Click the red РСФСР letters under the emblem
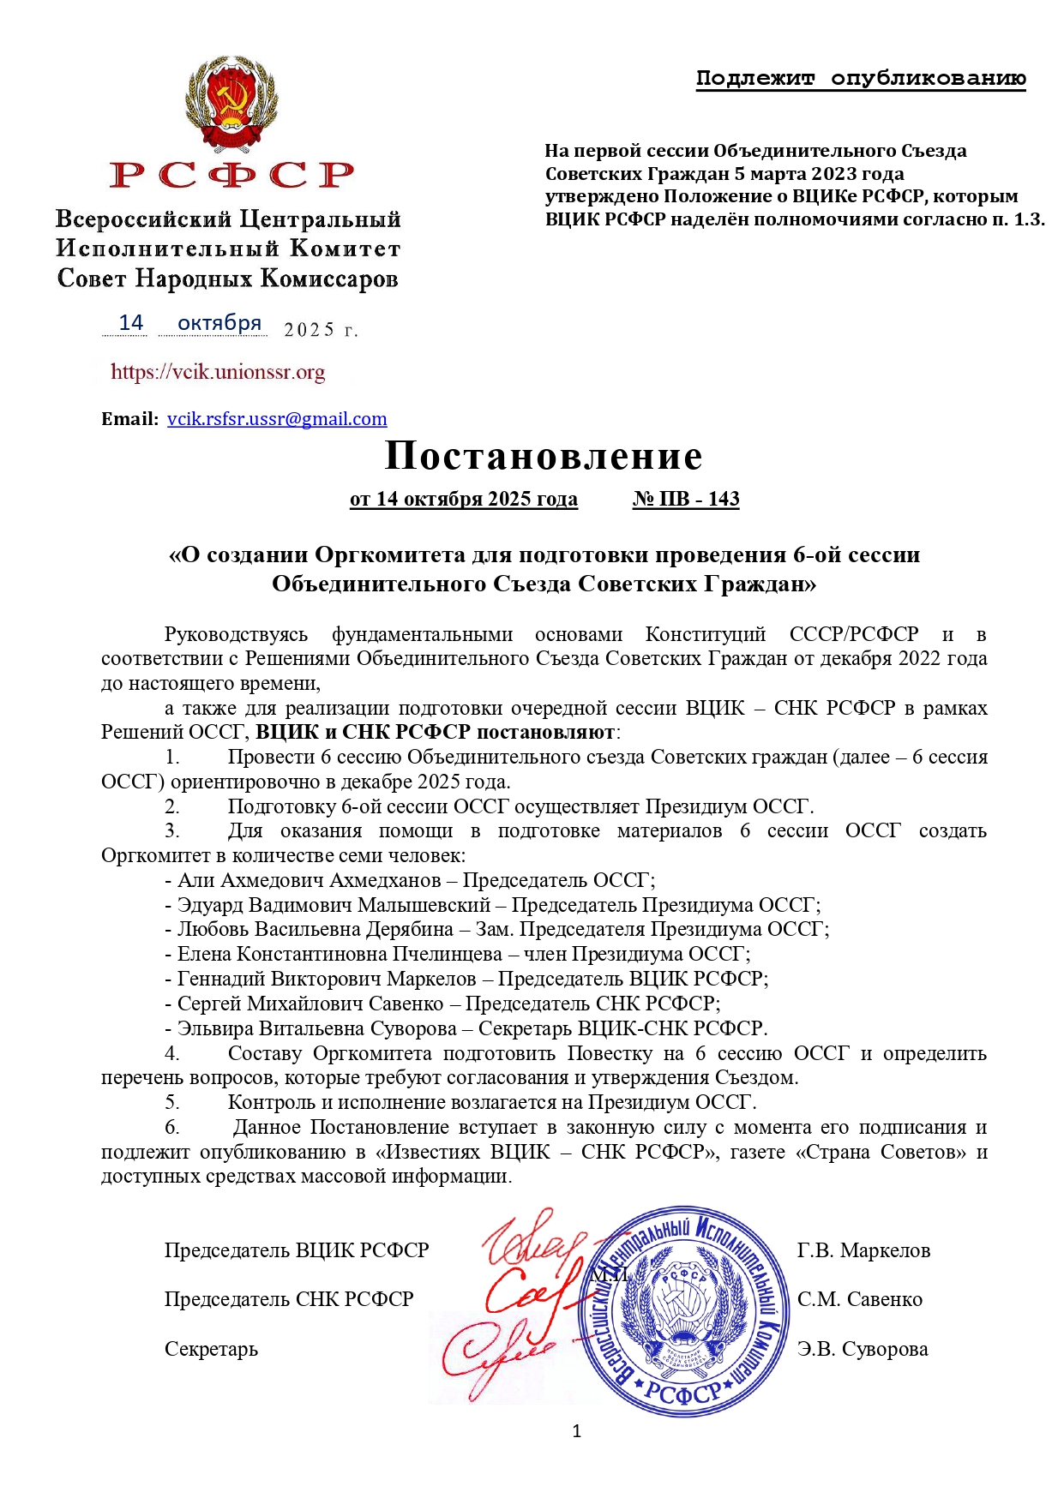tap(231, 175)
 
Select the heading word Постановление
tap(544, 456)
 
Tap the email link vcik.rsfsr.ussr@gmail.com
tap(277, 419)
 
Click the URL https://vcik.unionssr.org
tap(218, 372)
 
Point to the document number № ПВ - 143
tap(686, 500)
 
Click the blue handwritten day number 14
tap(130, 323)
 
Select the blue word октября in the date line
tap(219, 323)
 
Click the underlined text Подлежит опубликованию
tap(861, 79)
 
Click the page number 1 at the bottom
tap(576, 1430)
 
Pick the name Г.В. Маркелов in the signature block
tap(863, 1251)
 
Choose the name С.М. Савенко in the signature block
tap(860, 1300)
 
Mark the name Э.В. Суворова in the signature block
tap(863, 1350)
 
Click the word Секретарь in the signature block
tap(211, 1350)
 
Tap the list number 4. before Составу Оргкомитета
tap(172, 1054)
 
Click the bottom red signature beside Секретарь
tap(497, 1354)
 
